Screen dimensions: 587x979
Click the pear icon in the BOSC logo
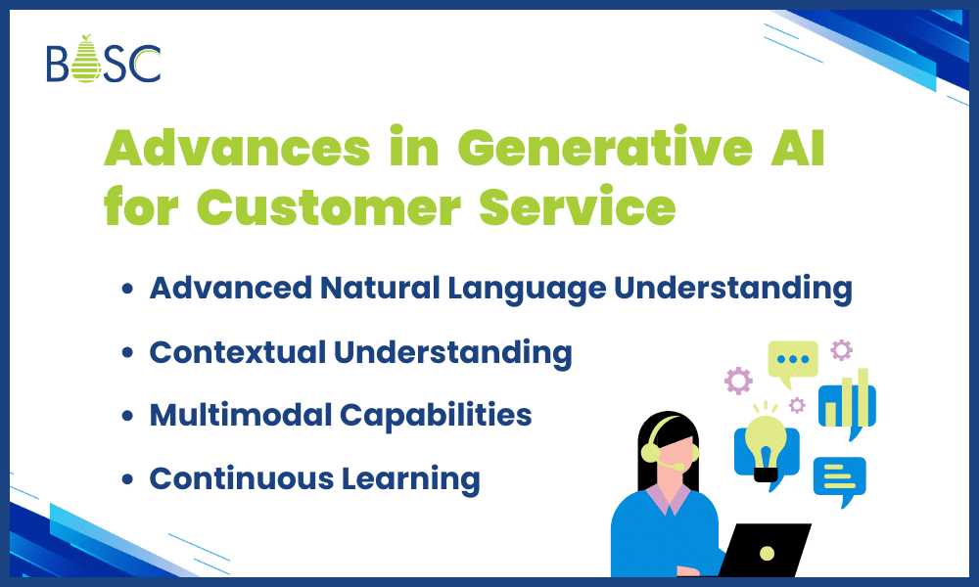tap(86, 61)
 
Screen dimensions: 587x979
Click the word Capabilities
tap(436, 415)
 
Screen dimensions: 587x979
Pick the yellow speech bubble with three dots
tap(792, 359)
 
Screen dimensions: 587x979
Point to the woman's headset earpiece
tap(650, 453)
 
